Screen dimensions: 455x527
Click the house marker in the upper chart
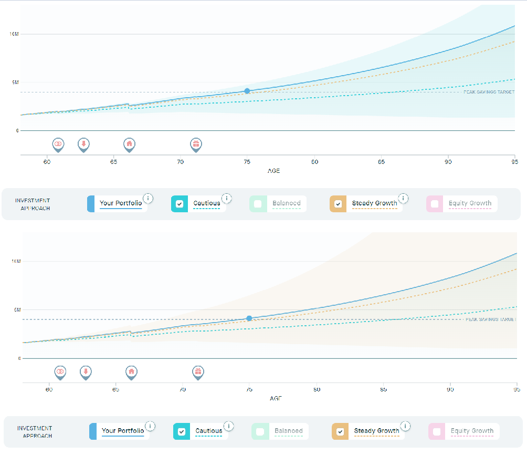pos(129,143)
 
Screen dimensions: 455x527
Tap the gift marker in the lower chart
pos(197,371)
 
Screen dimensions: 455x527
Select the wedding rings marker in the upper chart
pos(58,143)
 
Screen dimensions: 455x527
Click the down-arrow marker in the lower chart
pos(85,371)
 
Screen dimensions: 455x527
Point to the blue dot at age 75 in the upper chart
pos(247,91)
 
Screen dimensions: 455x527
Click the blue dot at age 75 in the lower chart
pos(249,318)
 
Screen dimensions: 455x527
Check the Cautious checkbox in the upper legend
pos(180,204)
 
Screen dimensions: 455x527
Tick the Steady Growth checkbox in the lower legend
pos(340,431)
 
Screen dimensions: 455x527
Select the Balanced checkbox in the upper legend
pos(258,204)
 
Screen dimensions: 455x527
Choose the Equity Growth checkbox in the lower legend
pos(437,431)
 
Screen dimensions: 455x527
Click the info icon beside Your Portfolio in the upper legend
pos(149,198)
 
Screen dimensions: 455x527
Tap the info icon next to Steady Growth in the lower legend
pos(405,426)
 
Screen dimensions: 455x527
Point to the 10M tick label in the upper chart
pos(14,34)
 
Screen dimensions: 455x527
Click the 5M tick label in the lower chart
pos(16,310)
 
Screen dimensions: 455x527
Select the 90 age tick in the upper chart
pos(448,162)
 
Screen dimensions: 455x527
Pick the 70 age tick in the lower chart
pos(182,390)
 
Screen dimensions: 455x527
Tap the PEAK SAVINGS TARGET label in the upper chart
pos(489,92)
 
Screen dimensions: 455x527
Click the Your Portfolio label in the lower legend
pos(123,431)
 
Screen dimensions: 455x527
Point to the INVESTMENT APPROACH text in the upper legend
pos(33,204)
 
